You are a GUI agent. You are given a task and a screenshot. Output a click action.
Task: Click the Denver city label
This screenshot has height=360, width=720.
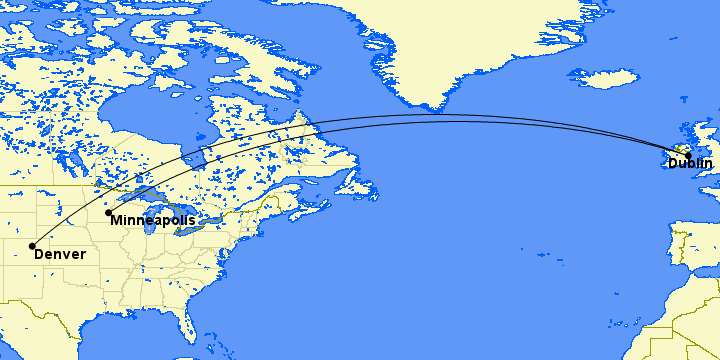[60, 255]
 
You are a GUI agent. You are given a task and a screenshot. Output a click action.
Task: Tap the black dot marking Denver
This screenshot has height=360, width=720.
[33, 245]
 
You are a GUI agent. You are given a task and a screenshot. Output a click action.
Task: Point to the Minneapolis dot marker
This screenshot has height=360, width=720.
[108, 212]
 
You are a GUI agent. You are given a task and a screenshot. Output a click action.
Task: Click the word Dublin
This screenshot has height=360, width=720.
[690, 163]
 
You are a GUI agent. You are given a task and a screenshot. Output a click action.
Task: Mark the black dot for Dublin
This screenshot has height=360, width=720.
[688, 155]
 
